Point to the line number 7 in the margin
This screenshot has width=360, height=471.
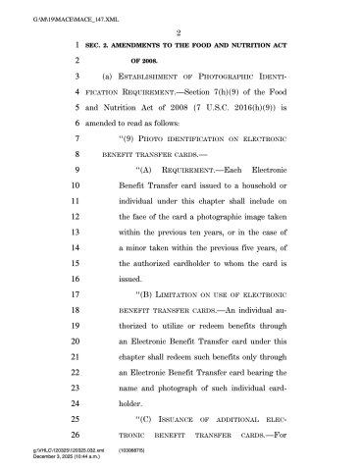click(x=74, y=140)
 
